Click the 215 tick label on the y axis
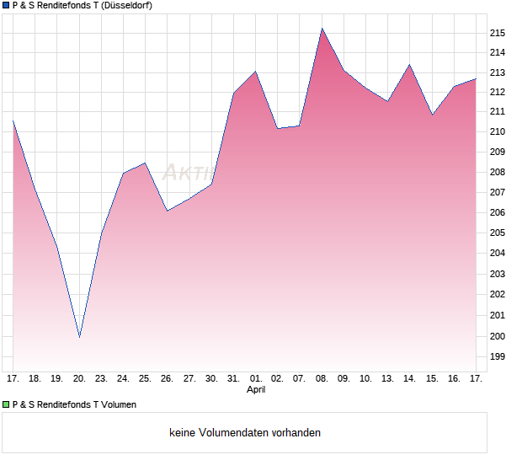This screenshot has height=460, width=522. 497,33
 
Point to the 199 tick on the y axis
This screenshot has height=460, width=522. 497,356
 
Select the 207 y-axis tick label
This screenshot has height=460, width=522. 497,193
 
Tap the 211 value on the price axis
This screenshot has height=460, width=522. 497,111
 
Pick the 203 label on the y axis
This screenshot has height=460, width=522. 497,275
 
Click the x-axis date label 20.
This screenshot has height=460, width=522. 79,379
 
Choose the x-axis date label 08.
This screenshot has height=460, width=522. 322,379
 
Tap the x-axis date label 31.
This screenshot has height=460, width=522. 233,379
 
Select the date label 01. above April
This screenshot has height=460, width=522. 255,379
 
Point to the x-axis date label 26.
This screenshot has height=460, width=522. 168,379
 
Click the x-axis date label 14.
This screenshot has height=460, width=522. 409,379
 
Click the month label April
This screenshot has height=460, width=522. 256,390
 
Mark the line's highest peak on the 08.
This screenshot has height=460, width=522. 322,29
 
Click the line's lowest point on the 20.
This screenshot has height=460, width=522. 79,337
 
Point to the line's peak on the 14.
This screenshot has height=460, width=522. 409,65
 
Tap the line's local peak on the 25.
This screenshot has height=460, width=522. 145,163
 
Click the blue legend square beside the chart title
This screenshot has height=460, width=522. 6,6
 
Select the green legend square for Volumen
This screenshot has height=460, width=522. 6,404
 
